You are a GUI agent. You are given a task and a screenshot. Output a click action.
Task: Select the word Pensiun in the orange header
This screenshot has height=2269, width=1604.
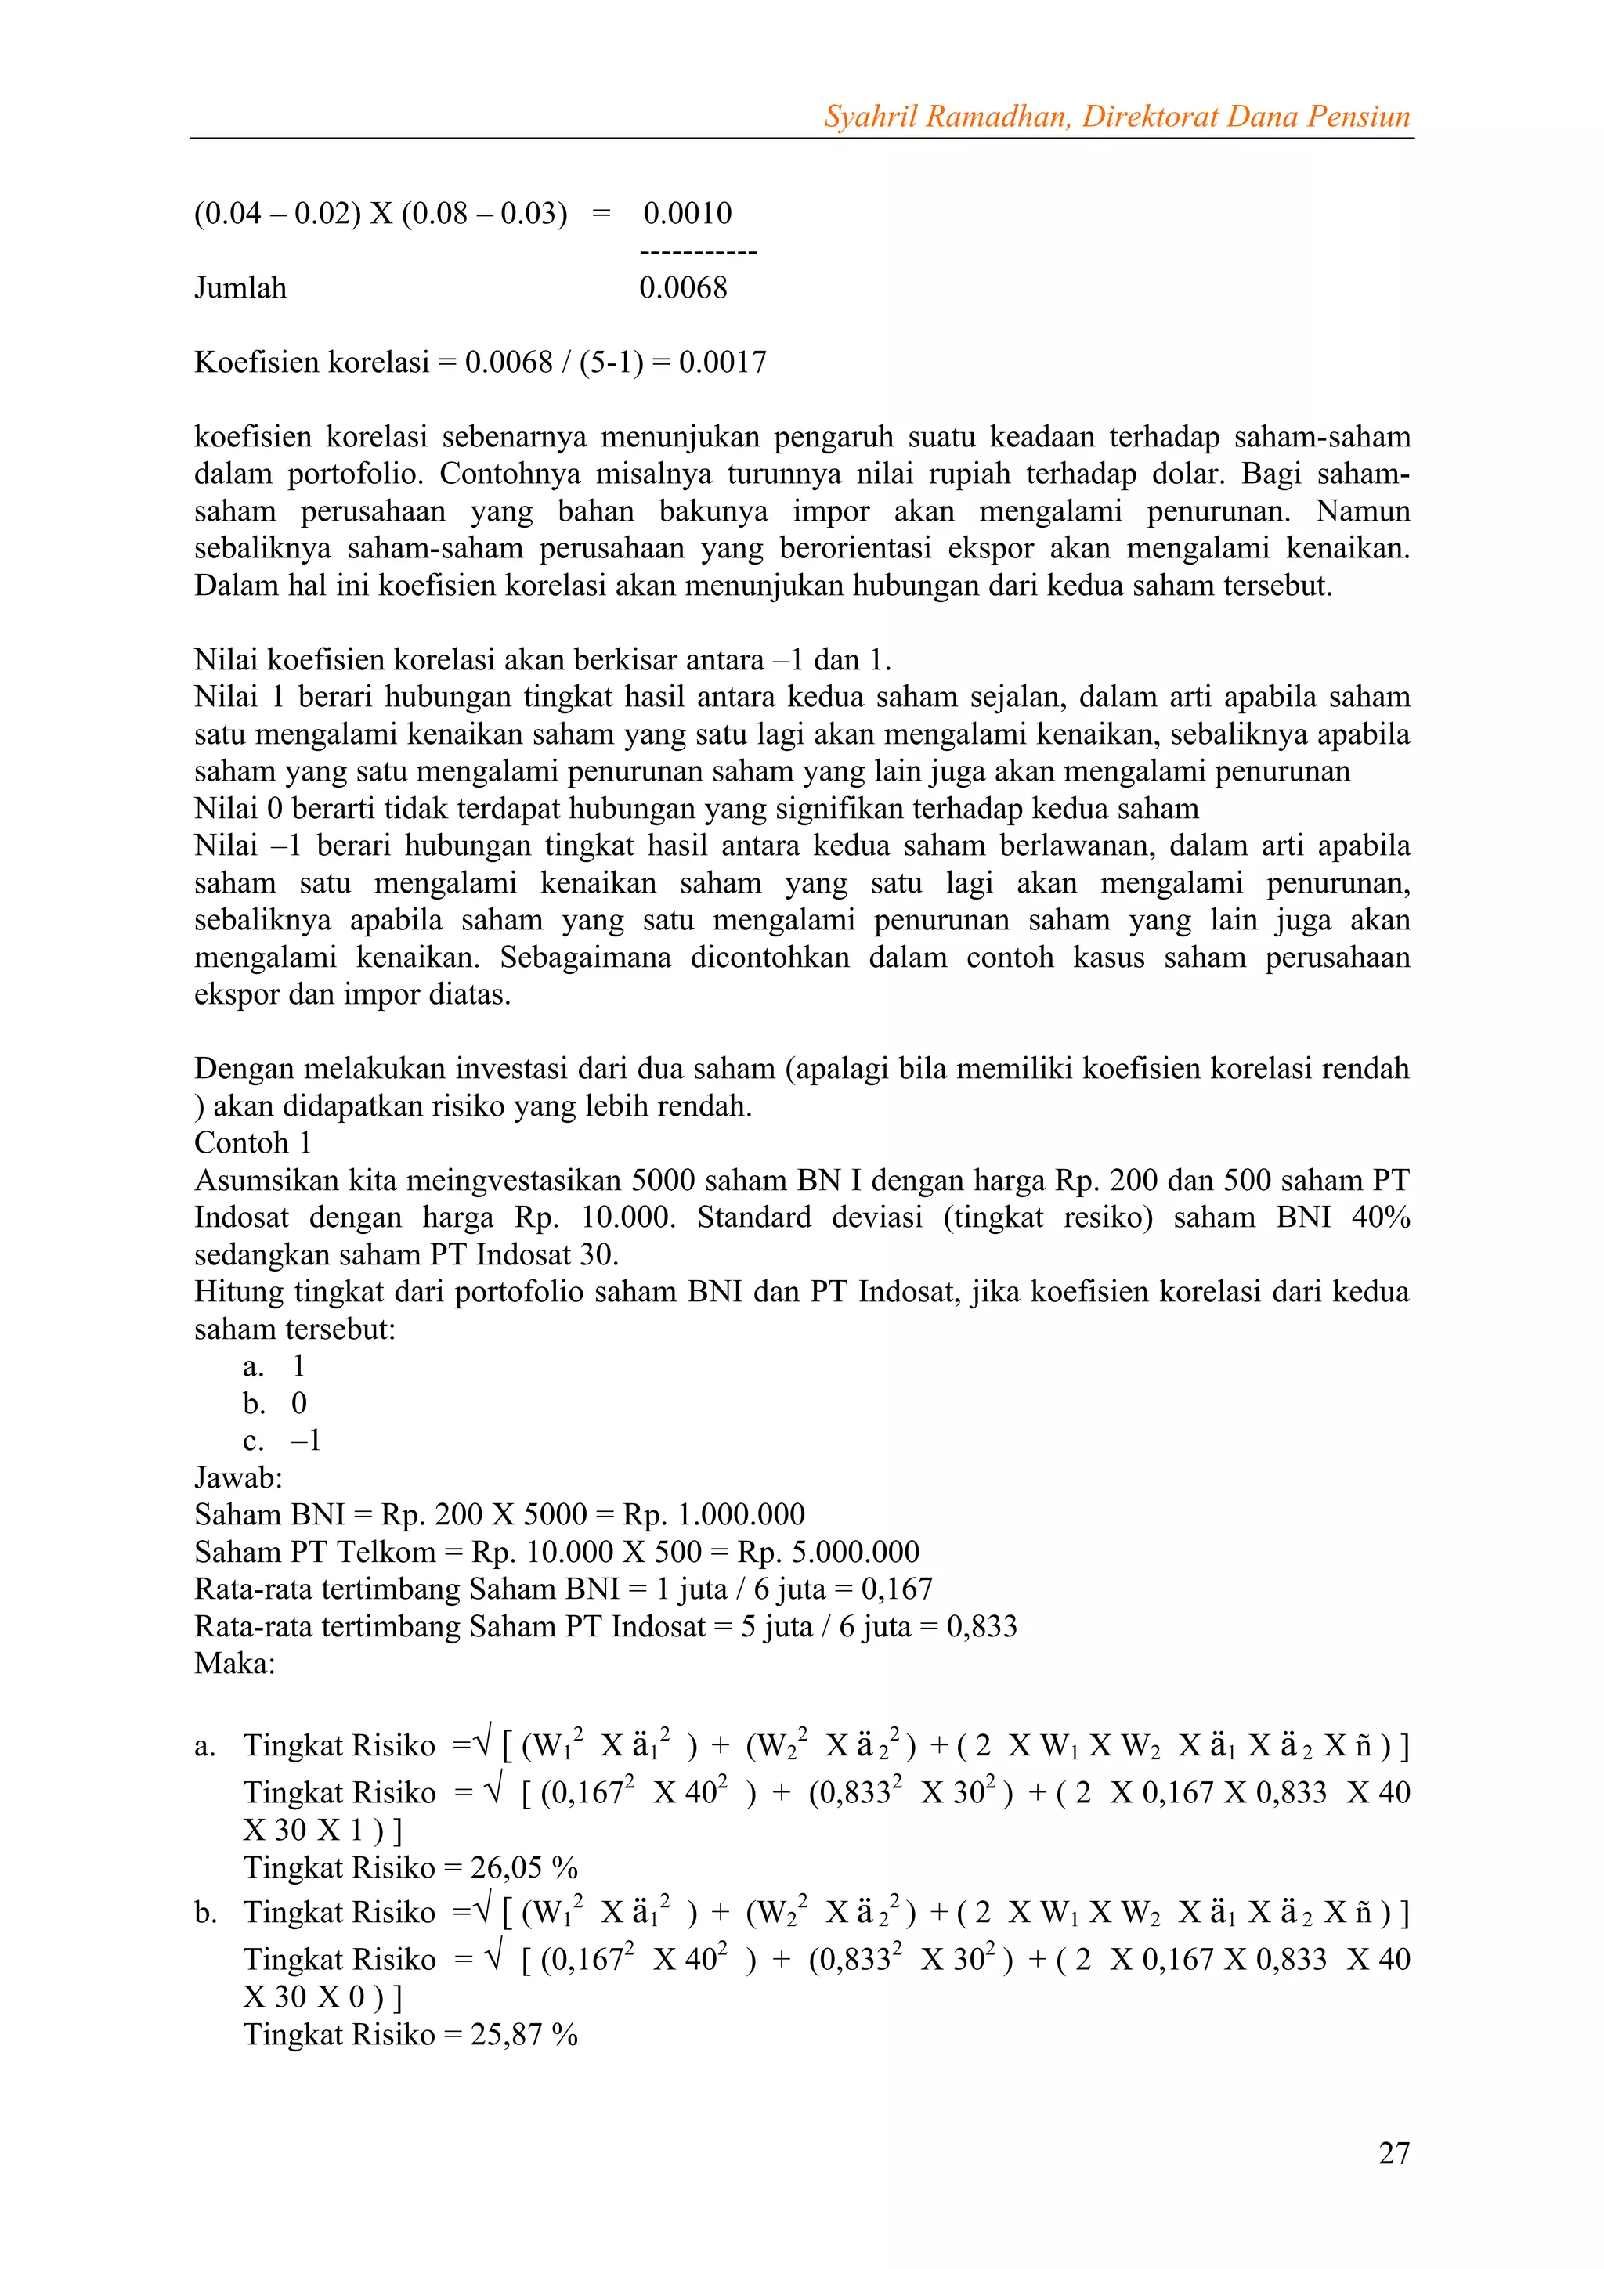[x=1358, y=117]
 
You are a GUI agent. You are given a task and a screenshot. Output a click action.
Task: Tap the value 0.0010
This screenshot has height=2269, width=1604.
[x=687, y=214]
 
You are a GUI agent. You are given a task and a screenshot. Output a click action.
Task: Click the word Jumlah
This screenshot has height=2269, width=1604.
[x=240, y=289]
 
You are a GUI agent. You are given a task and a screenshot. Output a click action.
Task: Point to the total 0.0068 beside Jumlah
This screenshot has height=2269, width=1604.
[x=683, y=289]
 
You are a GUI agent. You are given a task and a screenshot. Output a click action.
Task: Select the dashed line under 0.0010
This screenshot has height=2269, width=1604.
[x=698, y=253]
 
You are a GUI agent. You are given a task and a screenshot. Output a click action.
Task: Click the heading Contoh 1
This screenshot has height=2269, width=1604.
[x=253, y=1143]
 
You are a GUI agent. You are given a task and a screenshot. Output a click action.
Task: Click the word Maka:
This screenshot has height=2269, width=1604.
[x=235, y=1665]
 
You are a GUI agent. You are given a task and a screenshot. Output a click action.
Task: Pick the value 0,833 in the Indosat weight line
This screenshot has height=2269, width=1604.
[x=981, y=1628]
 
